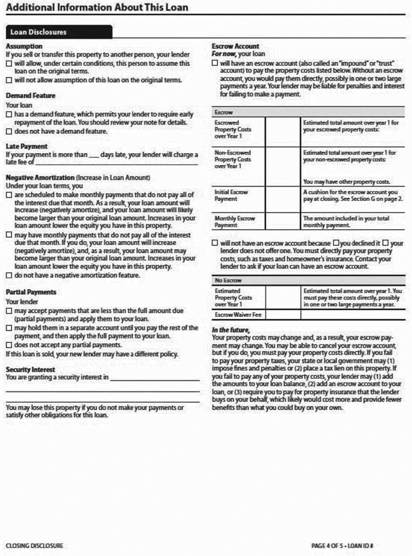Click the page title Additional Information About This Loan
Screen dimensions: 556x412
point(97,8)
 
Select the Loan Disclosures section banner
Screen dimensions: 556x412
point(38,31)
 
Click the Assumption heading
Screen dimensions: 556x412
point(24,46)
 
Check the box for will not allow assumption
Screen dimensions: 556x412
point(8,80)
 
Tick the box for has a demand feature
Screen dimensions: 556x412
point(8,115)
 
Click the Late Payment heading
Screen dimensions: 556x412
point(26,146)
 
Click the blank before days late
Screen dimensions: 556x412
point(93,154)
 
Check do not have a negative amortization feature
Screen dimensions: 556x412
point(8,275)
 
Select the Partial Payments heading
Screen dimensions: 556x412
point(31,292)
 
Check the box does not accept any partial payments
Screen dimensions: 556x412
point(8,345)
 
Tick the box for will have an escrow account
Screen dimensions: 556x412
point(214,63)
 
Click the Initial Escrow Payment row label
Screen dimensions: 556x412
point(232,194)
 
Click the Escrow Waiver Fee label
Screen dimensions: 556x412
point(238,314)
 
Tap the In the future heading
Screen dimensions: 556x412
point(231,330)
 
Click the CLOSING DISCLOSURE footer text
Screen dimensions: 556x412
point(35,545)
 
